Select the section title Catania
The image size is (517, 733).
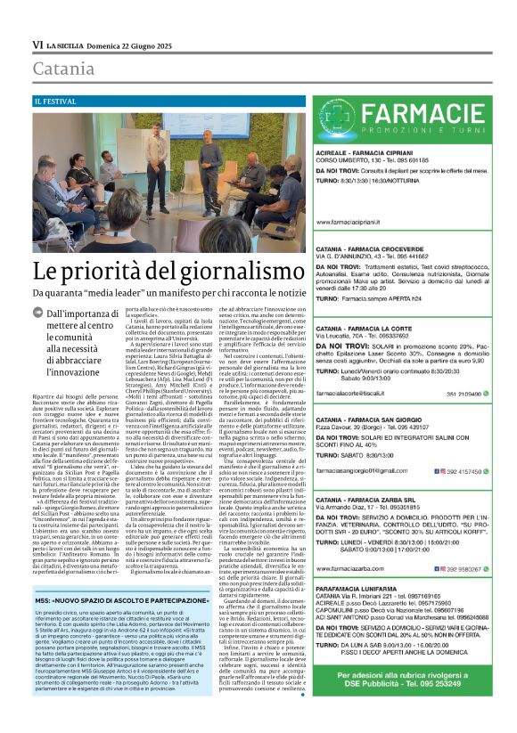(x=63, y=69)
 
